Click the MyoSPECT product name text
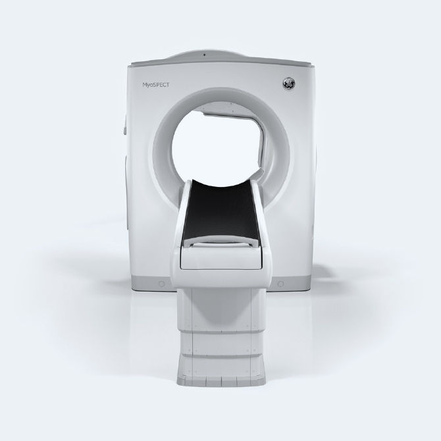(x=155, y=85)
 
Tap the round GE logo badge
(x=290, y=83)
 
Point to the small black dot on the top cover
(x=205, y=55)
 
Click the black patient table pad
(x=220, y=211)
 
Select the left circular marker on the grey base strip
(x=162, y=284)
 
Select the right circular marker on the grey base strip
(x=280, y=284)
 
